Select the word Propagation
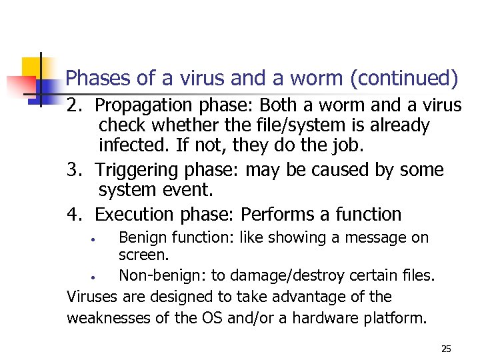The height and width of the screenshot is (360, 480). tap(137, 106)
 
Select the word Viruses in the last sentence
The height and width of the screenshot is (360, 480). tap(90, 297)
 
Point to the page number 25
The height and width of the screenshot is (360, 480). tap(446, 349)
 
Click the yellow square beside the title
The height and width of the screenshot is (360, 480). tap(31, 67)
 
